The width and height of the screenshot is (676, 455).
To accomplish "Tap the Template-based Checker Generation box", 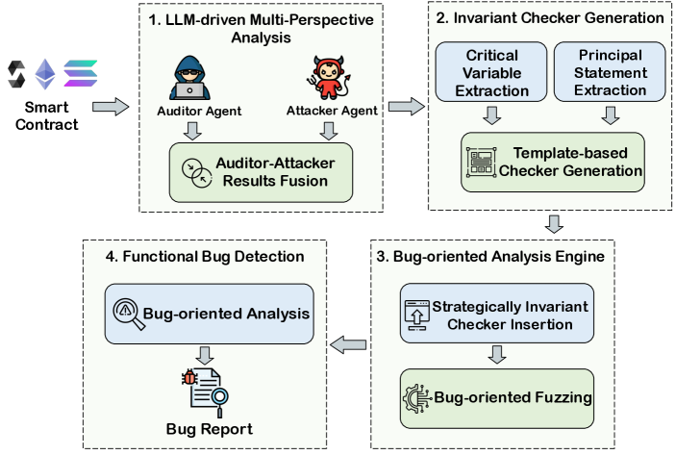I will pos(553,163).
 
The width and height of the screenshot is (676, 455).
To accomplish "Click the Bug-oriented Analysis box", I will pos(211,313).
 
